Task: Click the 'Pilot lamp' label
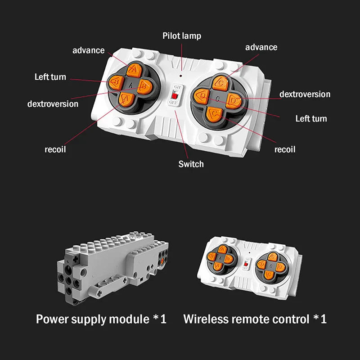tap(182, 36)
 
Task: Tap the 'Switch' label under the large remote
tap(191, 164)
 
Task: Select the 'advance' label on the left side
tap(89, 50)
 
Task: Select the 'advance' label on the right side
tap(261, 47)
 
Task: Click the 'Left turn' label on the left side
tap(50, 77)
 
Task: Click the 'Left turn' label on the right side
tap(311, 119)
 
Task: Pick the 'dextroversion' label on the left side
tap(53, 104)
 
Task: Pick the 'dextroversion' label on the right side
tap(305, 94)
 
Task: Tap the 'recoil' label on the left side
tap(55, 149)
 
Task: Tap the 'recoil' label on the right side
tap(285, 149)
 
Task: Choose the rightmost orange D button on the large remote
tap(233, 100)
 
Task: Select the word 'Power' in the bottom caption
tap(52, 319)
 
